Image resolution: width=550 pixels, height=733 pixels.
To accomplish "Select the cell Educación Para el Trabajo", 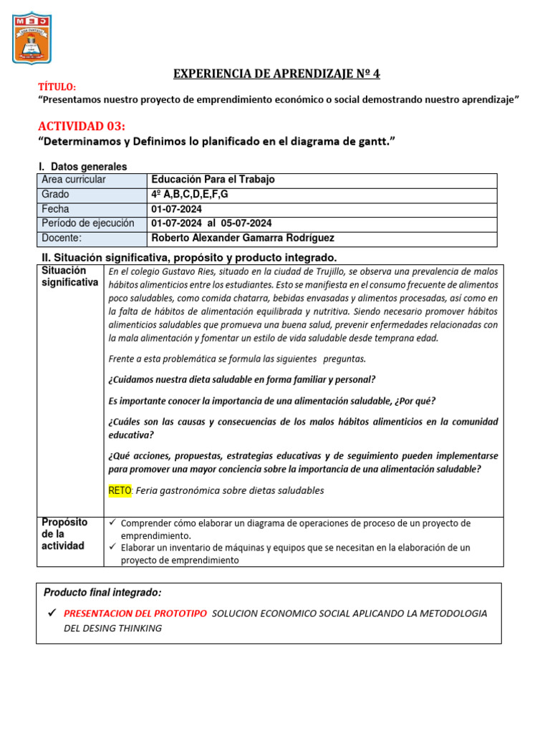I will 213,180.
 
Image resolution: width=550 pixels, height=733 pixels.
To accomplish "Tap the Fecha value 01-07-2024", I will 176,209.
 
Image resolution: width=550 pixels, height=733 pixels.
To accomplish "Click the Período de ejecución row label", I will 87,223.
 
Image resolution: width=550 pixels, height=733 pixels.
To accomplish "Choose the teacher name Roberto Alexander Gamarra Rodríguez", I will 243,238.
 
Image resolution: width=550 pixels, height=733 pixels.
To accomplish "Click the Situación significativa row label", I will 69,276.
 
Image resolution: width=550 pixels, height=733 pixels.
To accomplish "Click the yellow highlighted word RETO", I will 120,490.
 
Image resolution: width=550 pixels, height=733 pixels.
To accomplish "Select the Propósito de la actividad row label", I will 64,534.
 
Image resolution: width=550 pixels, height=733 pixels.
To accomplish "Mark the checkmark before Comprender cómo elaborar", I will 112,523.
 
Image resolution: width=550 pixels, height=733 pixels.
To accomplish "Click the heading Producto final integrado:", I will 102,593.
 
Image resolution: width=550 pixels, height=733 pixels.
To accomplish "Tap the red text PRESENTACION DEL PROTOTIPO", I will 135,613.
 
